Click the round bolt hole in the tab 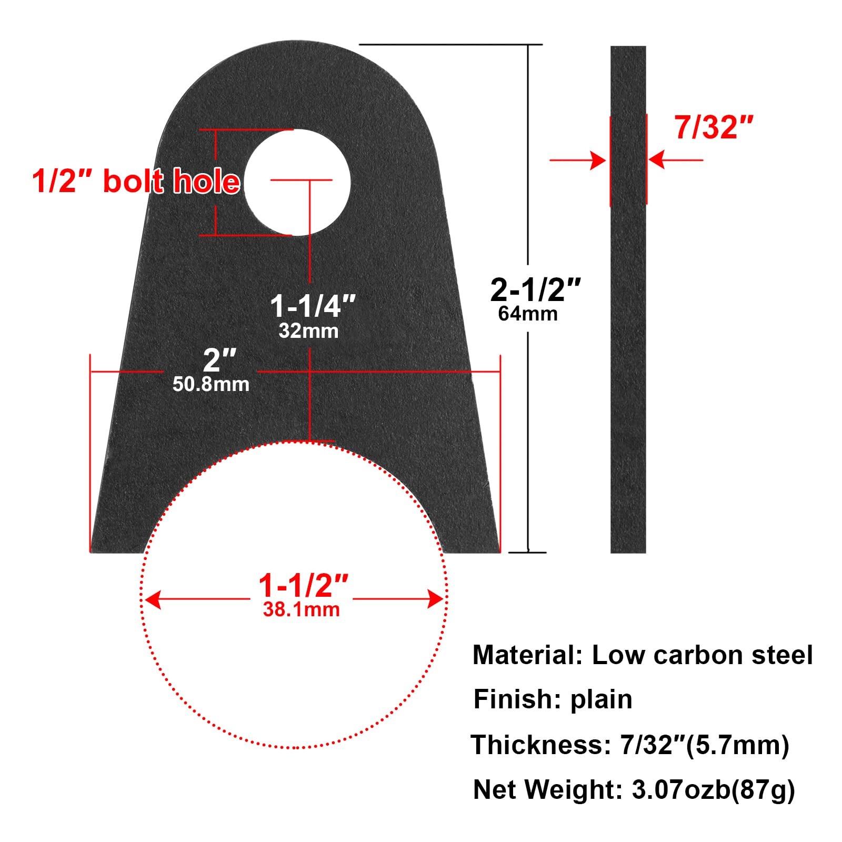[x=297, y=182]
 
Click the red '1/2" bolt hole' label [x=136, y=182]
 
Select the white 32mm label [x=308, y=331]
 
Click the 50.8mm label [x=210, y=384]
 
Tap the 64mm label [x=528, y=314]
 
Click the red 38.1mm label [x=301, y=610]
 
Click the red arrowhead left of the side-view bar [x=598, y=160]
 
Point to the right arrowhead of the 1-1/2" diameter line [x=436, y=599]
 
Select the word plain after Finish [x=601, y=699]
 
